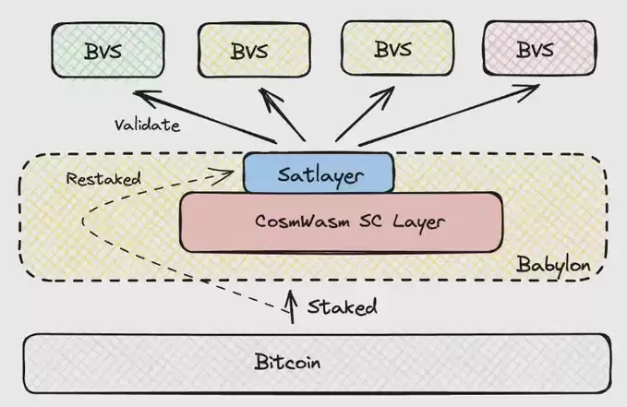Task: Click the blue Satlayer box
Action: click(x=319, y=173)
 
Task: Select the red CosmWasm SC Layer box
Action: click(x=342, y=222)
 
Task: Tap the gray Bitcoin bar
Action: click(x=315, y=361)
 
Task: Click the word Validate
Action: click(x=148, y=124)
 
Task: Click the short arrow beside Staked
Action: click(x=294, y=308)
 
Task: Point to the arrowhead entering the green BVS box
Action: click(x=139, y=93)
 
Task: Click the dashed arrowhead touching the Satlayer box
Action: click(x=233, y=171)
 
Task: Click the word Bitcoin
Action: click(x=287, y=362)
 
